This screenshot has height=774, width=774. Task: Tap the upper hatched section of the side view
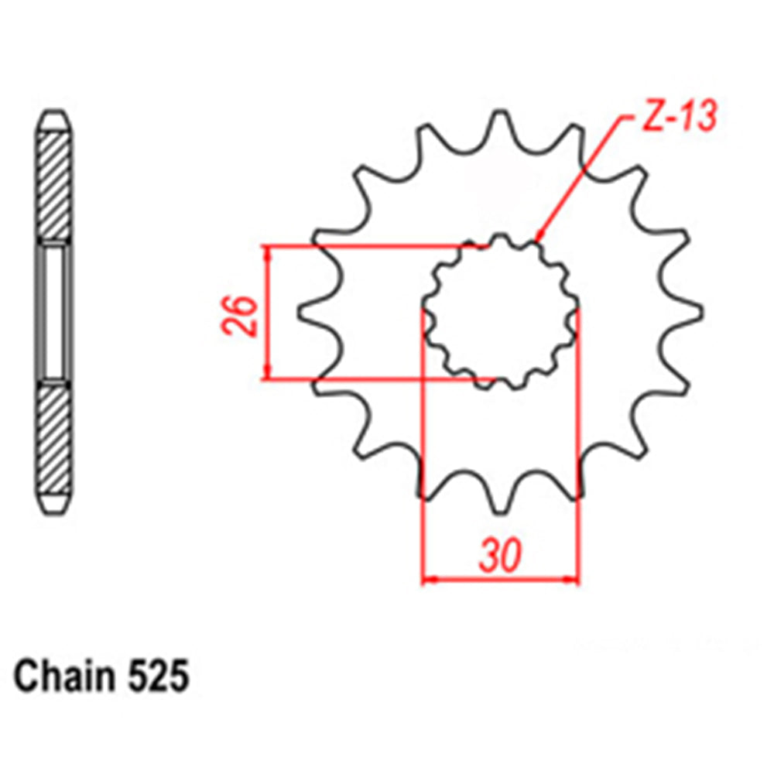point(55,184)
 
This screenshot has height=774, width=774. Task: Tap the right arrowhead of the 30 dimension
point(574,578)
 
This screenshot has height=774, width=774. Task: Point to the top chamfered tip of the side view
point(55,122)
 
